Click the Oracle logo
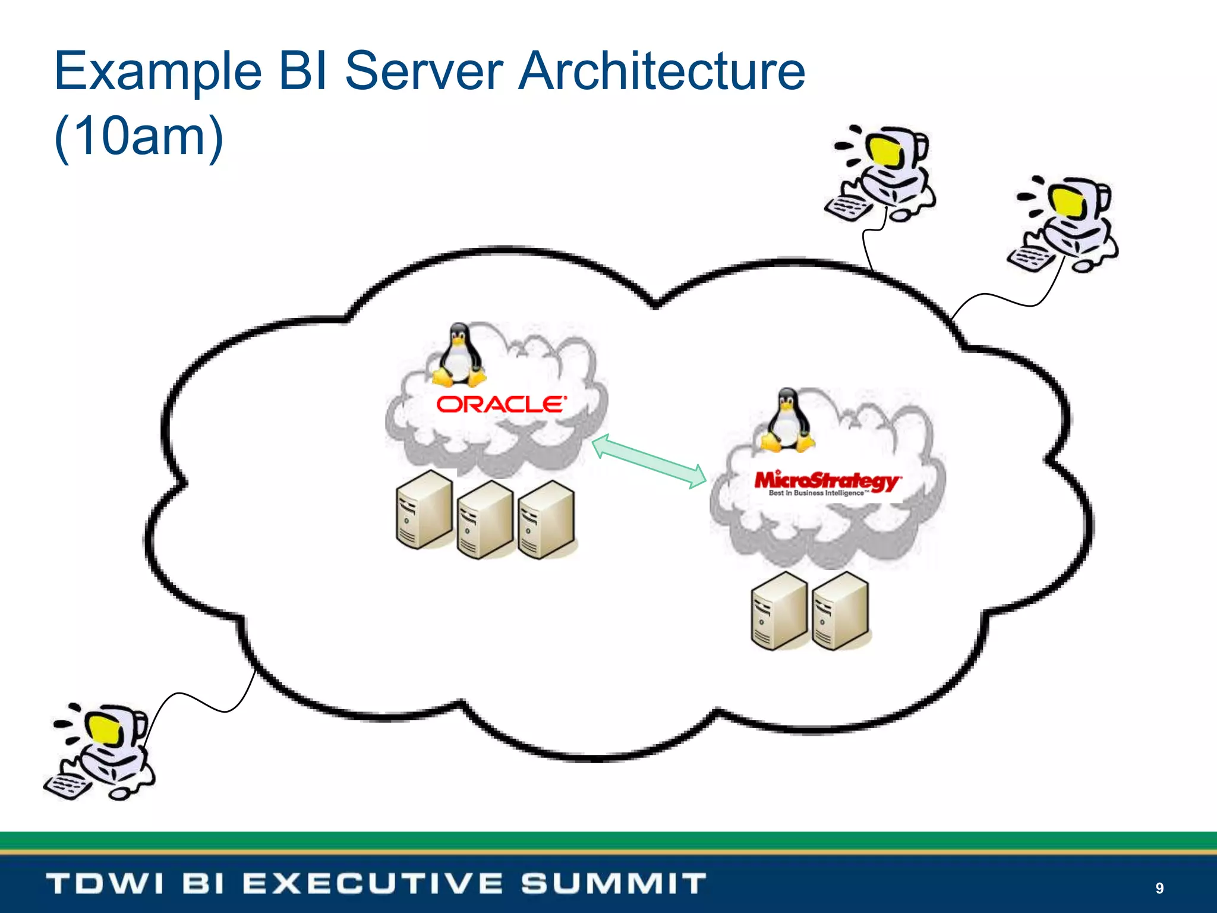(x=501, y=405)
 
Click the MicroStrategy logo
(x=827, y=482)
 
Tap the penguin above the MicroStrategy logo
(x=787, y=420)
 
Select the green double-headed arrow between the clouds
(x=649, y=461)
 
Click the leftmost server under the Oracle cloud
(x=424, y=510)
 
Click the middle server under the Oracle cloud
(x=485, y=520)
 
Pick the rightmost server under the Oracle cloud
(x=546, y=520)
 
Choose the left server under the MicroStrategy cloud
(x=779, y=612)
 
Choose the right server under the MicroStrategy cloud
(x=840, y=612)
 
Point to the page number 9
(x=1159, y=888)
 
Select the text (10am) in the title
(x=138, y=137)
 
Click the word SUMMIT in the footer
(x=613, y=883)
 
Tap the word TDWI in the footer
(x=105, y=883)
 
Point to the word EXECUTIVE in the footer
(x=373, y=883)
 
